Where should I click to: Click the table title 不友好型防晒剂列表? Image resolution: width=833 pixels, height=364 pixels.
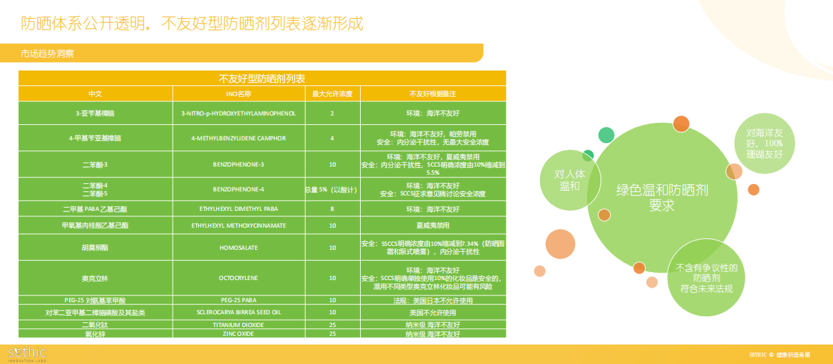[x=262, y=78]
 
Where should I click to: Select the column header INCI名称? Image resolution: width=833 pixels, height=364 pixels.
[x=238, y=93]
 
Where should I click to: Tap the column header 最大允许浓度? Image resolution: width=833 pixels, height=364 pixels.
[x=332, y=93]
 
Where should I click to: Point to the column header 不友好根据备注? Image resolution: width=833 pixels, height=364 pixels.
[x=433, y=93]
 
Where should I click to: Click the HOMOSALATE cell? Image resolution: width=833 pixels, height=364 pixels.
[x=238, y=248]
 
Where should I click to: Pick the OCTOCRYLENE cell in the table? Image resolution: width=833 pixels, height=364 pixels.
[x=238, y=278]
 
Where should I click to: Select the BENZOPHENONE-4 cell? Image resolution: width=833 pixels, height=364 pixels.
[x=238, y=189]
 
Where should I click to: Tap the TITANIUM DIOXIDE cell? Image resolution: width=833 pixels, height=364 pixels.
[x=238, y=325]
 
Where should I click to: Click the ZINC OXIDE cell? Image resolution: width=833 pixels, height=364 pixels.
[x=238, y=333]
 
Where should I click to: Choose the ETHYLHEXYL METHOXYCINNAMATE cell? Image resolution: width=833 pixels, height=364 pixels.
[x=238, y=226]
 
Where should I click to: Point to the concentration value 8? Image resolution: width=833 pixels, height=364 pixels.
[x=332, y=210]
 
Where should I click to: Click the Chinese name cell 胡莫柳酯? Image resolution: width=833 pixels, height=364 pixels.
[x=95, y=248]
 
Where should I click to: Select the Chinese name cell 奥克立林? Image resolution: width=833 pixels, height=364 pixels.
[x=95, y=278]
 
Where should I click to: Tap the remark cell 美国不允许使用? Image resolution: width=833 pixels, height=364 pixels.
[x=433, y=313]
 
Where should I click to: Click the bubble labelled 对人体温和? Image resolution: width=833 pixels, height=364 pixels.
[x=569, y=180]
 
